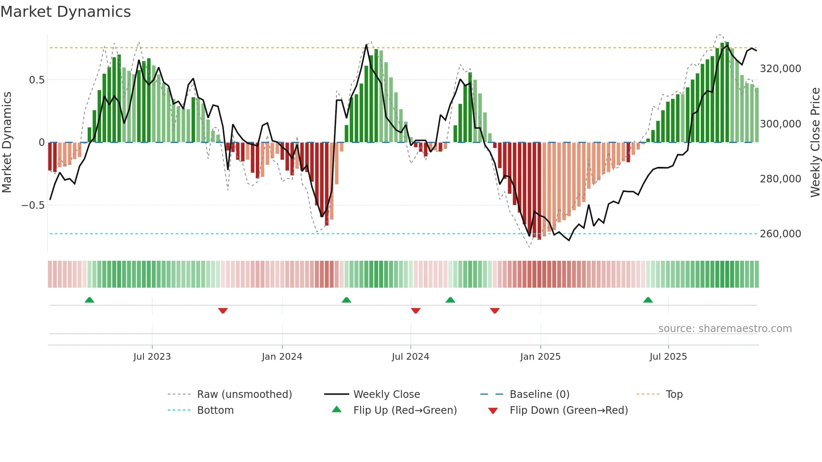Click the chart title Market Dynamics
[x=65, y=12]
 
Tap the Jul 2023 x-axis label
[x=152, y=357]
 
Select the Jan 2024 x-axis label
[x=282, y=357]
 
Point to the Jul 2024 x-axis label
[x=410, y=357]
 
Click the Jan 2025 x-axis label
[x=540, y=357]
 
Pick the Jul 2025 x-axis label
[x=668, y=357]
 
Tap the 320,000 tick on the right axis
[x=780, y=69]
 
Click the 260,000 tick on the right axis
[x=780, y=234]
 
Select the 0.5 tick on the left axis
[x=36, y=80]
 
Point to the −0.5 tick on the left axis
[x=33, y=205]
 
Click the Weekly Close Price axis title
[x=815, y=143]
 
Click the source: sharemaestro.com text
[x=725, y=329]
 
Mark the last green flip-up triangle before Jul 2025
[x=648, y=300]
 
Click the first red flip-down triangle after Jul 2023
[x=223, y=311]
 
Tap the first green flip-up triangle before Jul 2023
[x=89, y=300]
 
